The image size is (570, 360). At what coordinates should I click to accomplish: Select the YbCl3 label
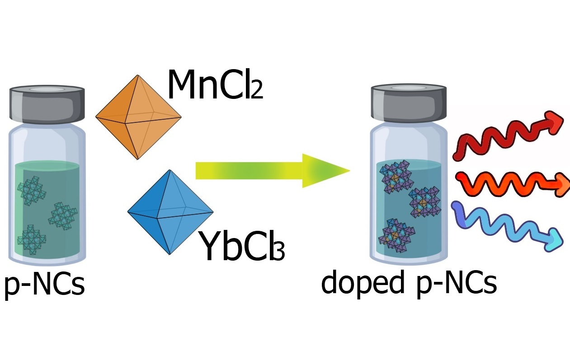click(x=242, y=248)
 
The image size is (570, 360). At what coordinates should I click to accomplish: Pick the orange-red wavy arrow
click(x=511, y=182)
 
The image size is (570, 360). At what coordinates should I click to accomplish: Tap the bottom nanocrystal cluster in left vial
click(x=32, y=241)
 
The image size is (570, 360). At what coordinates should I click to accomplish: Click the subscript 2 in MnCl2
click(x=256, y=91)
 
